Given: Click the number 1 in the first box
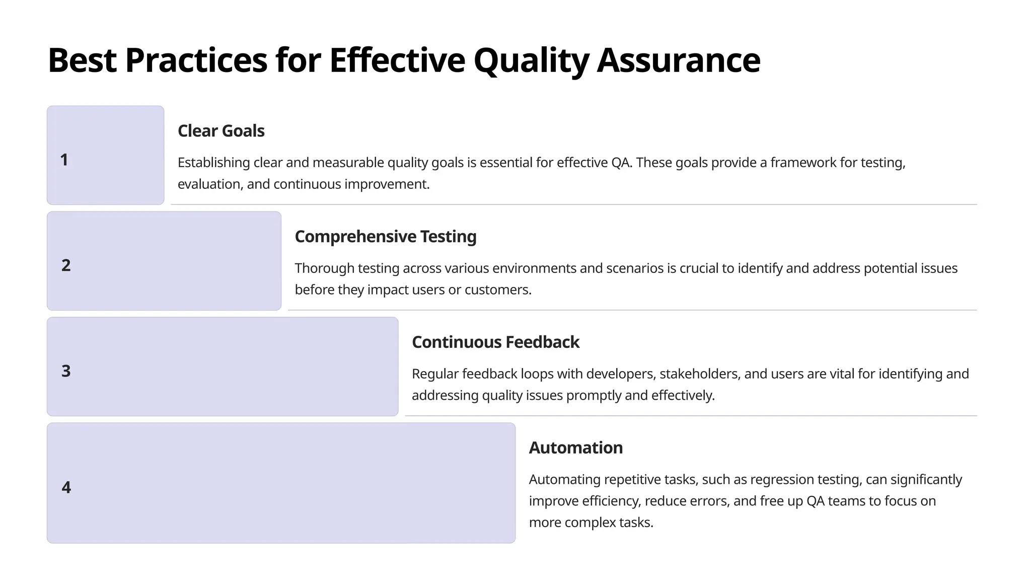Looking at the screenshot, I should coord(64,160).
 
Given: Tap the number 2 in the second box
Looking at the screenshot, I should coord(66,265).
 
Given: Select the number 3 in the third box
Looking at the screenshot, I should coord(66,371).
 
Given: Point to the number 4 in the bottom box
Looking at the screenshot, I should coord(66,487).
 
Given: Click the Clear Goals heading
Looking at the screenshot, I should coord(221,131).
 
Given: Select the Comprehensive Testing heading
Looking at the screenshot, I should coord(385,237).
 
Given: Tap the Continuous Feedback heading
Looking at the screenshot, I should coord(495,342).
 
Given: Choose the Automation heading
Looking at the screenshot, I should coord(575,448).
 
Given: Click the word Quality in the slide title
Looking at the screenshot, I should coord(531,60).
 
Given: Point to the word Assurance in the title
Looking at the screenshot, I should coord(679,60).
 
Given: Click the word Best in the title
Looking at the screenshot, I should coord(82,60).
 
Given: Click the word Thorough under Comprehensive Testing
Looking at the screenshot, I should coord(324,268).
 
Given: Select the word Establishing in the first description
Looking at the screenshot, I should coord(213,163).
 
